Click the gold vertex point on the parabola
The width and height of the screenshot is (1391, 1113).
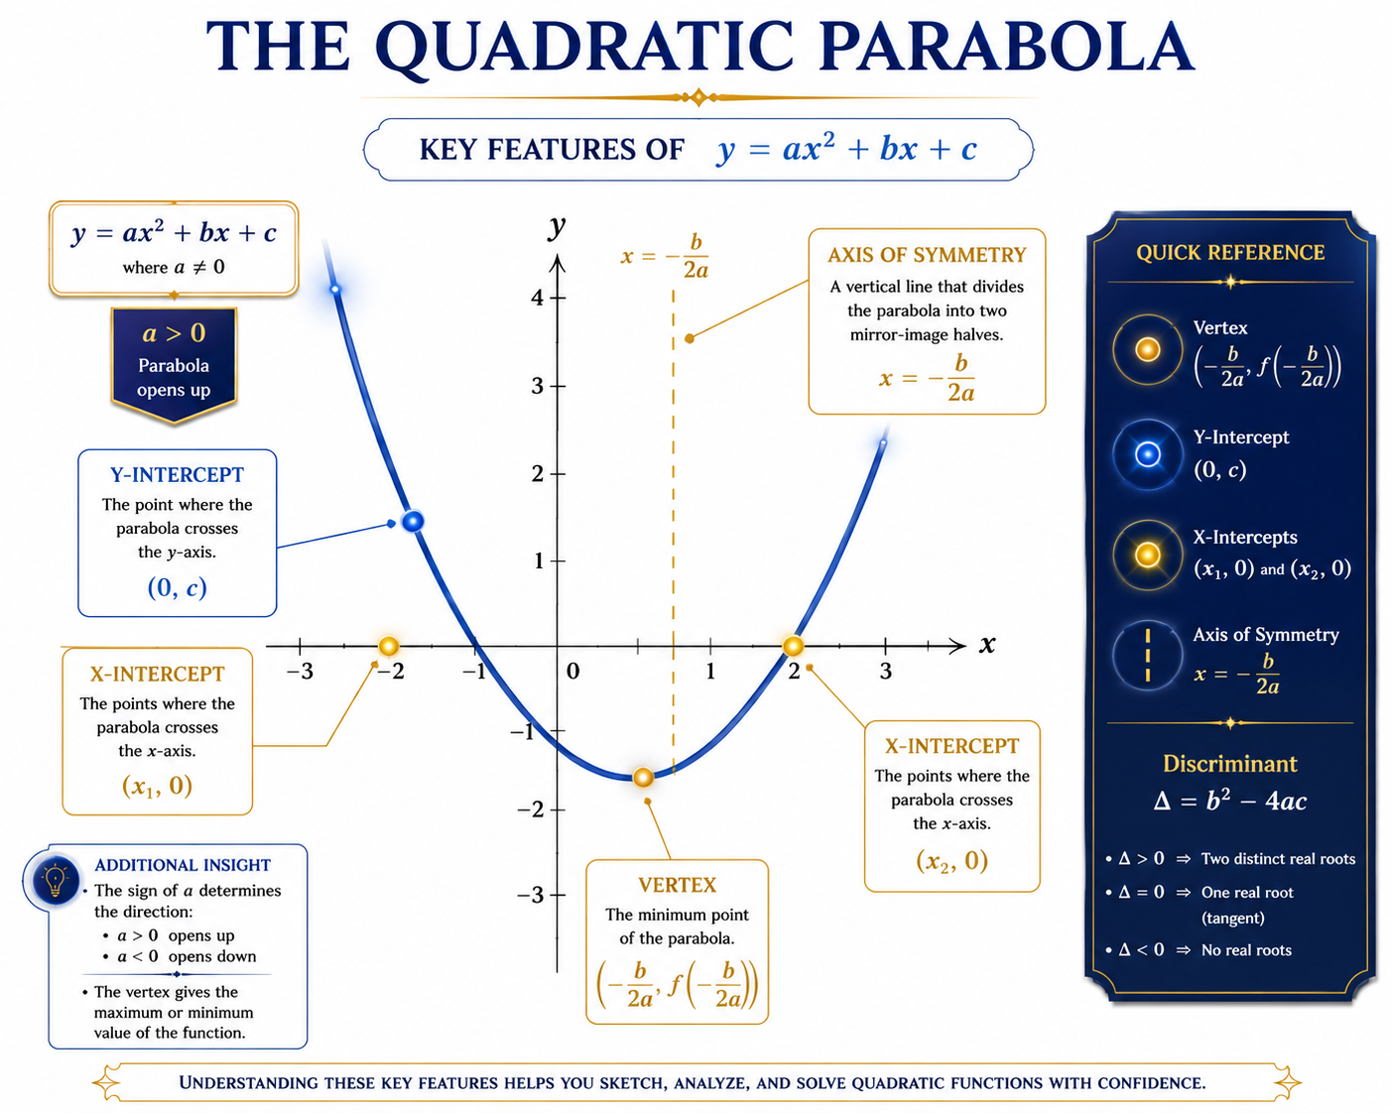tap(643, 777)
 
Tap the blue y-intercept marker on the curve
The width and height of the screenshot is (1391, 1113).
tap(413, 521)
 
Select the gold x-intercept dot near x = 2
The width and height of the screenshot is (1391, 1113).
tap(793, 645)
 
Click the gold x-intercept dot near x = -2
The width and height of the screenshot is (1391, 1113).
tap(389, 645)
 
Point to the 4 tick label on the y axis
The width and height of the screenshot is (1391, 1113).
tap(537, 298)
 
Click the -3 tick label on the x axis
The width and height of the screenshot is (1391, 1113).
tap(300, 672)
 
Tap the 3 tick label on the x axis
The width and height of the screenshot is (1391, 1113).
tap(886, 672)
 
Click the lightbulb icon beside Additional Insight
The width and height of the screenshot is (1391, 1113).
tap(55, 880)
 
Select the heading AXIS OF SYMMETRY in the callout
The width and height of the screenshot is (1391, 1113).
tap(927, 255)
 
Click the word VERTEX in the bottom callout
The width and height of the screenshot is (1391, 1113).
tap(677, 885)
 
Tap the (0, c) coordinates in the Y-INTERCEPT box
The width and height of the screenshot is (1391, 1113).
tap(178, 587)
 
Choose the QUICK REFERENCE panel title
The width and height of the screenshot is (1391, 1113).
tap(1230, 252)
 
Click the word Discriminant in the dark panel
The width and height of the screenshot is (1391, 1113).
tap(1230, 764)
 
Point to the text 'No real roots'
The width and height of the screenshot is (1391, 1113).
tap(1246, 949)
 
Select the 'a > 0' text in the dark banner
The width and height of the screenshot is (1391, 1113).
tap(174, 333)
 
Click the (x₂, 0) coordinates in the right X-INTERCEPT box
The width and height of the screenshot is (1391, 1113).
tap(952, 861)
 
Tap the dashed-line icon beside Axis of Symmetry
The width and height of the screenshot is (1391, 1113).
tap(1147, 655)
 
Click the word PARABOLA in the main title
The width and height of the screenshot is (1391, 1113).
tap(1006, 47)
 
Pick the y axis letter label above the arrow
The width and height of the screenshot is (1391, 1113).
tap(557, 227)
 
